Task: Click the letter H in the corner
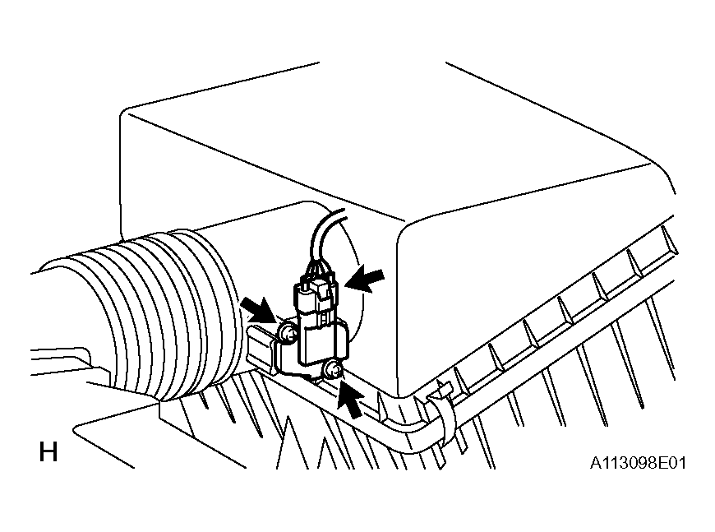point(48,452)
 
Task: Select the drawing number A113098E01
point(638,463)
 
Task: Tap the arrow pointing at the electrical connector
point(365,279)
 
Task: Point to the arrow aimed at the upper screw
point(258,309)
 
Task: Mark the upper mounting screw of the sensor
point(288,334)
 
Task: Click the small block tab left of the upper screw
point(260,345)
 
